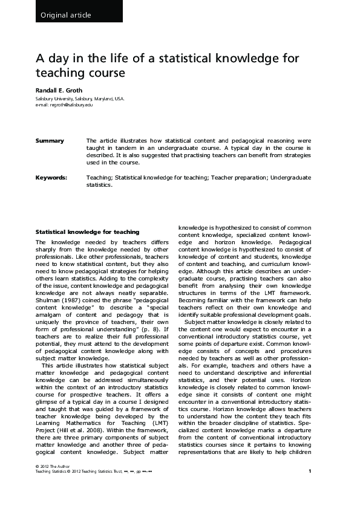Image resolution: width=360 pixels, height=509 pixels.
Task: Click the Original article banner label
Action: pos(65,15)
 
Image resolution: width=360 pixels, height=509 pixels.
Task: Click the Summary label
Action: pos(50,141)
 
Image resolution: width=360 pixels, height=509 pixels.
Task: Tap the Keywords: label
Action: pos(51,178)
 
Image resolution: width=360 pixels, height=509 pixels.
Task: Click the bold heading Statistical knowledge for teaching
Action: pos(87,232)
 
